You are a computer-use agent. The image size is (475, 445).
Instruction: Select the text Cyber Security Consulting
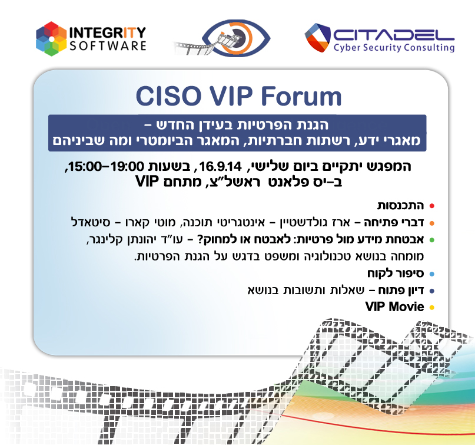click(x=394, y=48)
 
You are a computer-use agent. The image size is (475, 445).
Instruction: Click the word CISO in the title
click(x=170, y=97)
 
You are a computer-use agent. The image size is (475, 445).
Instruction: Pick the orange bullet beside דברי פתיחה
click(x=431, y=223)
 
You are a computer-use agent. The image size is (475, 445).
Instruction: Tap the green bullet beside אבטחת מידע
click(x=431, y=240)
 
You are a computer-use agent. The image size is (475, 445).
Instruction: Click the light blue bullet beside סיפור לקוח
click(x=431, y=274)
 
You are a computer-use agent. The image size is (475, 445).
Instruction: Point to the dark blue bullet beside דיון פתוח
click(x=431, y=291)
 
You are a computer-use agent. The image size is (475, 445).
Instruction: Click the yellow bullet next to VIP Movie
click(x=431, y=308)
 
